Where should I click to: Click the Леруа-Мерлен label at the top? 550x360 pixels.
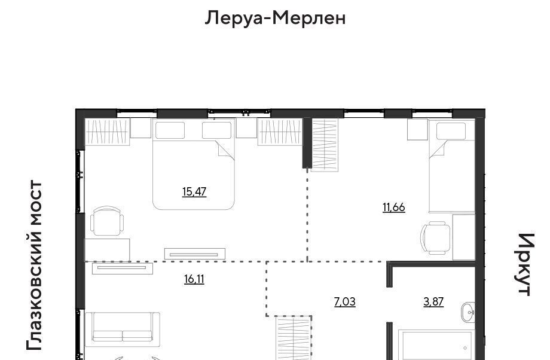[275, 17]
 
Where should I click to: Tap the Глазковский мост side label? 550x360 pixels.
[34, 266]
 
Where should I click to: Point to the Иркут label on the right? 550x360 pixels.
[526, 264]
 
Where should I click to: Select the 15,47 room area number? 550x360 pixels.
[194, 191]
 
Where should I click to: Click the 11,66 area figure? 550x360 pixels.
[394, 208]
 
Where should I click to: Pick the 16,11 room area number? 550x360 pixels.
[194, 279]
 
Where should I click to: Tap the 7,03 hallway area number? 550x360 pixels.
[345, 302]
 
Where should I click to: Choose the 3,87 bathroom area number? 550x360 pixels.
[433, 302]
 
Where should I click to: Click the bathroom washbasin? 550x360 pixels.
[468, 312]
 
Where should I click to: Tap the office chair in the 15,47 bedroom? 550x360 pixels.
[107, 221]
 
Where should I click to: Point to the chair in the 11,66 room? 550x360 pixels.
[435, 237]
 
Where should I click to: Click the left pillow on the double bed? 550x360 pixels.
[170, 130]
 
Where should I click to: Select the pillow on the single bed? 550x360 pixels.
[451, 131]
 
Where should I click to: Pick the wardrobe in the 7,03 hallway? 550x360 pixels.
[294, 337]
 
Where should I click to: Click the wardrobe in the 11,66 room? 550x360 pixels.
[325, 145]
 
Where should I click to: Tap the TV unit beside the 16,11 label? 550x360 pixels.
[123, 268]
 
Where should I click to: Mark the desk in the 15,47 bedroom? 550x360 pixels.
[108, 250]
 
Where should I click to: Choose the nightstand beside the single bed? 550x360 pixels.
[417, 130]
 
